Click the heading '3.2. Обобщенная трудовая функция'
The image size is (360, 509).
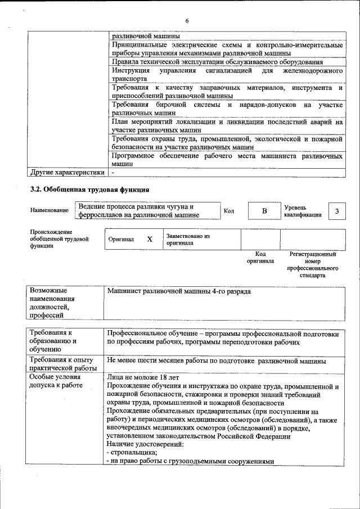[x=89, y=189]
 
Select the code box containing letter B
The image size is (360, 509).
[x=264, y=211]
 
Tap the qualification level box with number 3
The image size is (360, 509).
[x=336, y=211]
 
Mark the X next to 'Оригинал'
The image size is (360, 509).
[x=150, y=239]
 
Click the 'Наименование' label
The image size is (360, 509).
[x=49, y=210]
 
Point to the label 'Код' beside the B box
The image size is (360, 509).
[x=229, y=211]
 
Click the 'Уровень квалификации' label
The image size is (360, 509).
[x=303, y=211]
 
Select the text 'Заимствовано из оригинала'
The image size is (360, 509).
[x=188, y=240]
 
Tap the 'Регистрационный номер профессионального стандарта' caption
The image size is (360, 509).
[x=313, y=265]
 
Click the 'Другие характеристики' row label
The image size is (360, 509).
[x=67, y=172]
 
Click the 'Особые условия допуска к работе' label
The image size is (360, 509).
[x=56, y=381]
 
